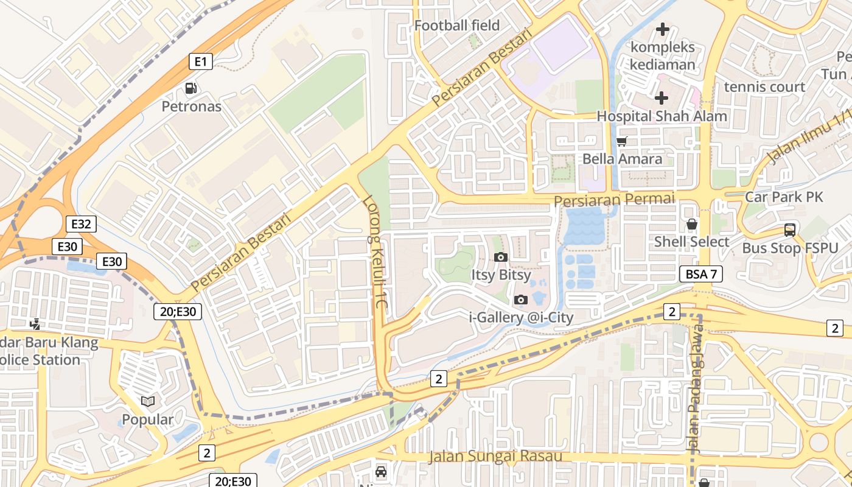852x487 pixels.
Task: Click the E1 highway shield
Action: click(201, 61)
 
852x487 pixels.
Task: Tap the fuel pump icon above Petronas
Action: click(191, 89)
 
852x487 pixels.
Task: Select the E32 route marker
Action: click(81, 224)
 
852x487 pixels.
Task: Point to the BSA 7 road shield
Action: click(700, 274)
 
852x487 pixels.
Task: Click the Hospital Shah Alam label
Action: click(662, 116)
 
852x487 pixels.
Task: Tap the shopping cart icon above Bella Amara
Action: click(621, 142)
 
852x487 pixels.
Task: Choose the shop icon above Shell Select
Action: click(691, 225)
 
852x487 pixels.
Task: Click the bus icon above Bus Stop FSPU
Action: click(789, 230)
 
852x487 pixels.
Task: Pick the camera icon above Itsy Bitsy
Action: click(501, 257)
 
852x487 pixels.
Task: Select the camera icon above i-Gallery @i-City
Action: click(520, 300)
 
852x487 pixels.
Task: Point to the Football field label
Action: click(456, 26)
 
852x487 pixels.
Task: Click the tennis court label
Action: click(764, 87)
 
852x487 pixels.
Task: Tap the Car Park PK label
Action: click(784, 197)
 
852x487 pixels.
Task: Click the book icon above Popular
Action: click(147, 401)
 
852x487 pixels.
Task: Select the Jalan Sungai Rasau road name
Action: click(495, 456)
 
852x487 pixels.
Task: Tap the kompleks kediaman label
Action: click(663, 55)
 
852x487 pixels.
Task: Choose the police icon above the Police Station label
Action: click(36, 324)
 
